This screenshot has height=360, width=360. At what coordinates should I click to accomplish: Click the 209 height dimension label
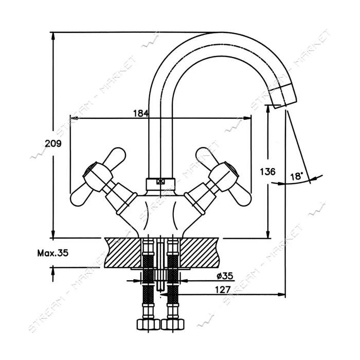(x=53, y=143)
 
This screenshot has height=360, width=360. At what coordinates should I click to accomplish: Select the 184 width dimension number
(x=141, y=113)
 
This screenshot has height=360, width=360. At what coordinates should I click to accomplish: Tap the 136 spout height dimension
(x=268, y=171)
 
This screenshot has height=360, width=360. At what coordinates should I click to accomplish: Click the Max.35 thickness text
(x=53, y=253)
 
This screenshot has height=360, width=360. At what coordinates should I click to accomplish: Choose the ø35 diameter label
(x=225, y=276)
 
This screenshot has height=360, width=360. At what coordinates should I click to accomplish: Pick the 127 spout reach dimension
(x=223, y=290)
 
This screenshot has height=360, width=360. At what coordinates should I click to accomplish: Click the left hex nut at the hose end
(x=148, y=324)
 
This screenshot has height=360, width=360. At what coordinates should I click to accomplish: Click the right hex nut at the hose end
(x=173, y=324)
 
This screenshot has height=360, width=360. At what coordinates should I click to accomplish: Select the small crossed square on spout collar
(x=160, y=182)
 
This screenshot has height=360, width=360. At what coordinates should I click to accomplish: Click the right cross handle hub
(x=224, y=176)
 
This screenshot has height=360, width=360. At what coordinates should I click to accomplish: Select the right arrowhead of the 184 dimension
(x=247, y=118)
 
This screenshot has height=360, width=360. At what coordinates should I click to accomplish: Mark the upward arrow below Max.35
(x=53, y=274)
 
